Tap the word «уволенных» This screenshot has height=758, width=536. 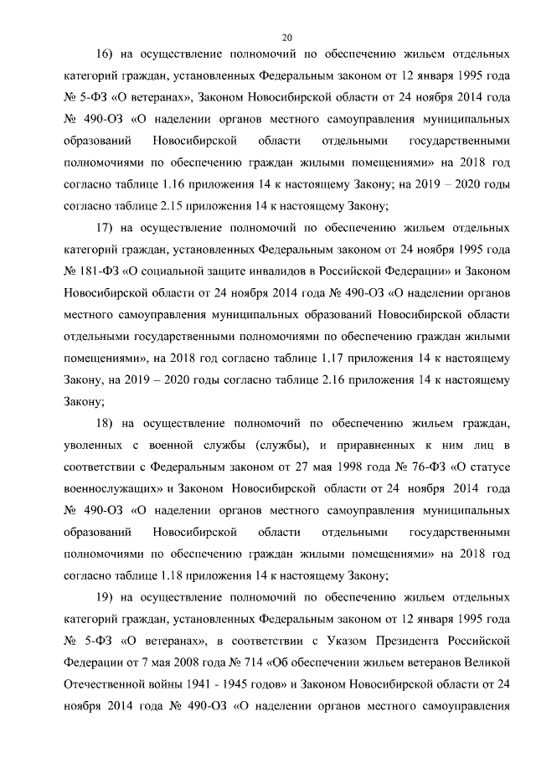[x=93, y=444]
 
